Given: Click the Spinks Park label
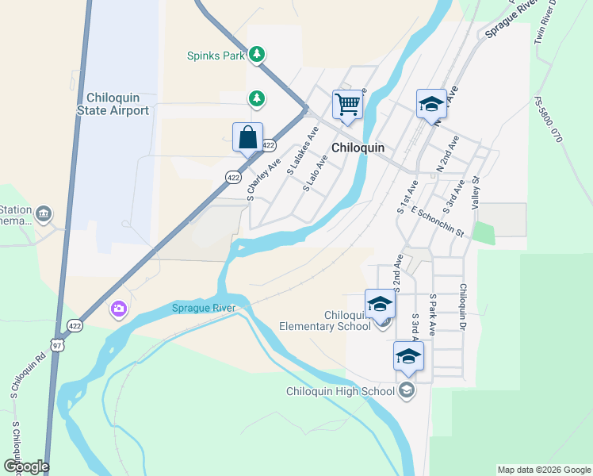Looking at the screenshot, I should [216, 56].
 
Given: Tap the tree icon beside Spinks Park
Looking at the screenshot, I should [256, 54].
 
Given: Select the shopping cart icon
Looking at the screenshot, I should [347, 104].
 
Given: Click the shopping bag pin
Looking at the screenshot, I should [247, 136].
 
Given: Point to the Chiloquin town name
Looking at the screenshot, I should [358, 148].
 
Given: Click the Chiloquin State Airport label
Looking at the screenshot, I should [113, 104].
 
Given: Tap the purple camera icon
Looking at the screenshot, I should [119, 309].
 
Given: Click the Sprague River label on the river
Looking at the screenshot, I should [205, 308].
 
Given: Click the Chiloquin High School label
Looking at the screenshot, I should [340, 391].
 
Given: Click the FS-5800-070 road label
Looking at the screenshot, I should [548, 119].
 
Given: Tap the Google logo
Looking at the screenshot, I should [26, 466].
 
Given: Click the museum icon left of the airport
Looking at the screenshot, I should [44, 214].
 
